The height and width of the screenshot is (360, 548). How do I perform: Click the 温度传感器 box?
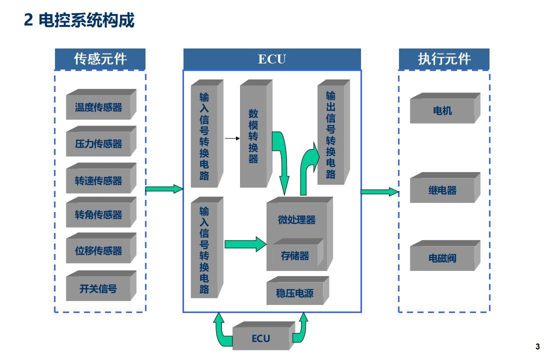[x=98, y=107]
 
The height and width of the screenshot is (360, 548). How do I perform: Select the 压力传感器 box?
[x=98, y=144]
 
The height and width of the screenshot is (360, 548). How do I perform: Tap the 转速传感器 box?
[x=98, y=180]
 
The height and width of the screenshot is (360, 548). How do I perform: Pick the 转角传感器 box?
[x=98, y=215]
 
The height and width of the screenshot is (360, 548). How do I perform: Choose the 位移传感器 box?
[x=98, y=251]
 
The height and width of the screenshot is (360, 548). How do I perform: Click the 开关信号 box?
[x=98, y=288]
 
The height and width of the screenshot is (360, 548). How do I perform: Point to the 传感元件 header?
[x=100, y=59]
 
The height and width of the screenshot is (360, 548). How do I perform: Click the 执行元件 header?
[x=444, y=59]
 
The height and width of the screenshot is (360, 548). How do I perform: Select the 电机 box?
[x=442, y=110]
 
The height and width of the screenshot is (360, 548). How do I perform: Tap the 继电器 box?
[x=442, y=190]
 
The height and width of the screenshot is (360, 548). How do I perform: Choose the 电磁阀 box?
[x=442, y=258]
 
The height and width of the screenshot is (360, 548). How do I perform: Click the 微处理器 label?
[x=296, y=219]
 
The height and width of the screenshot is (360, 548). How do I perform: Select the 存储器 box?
[x=295, y=256]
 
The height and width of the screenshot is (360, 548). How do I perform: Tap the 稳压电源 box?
[x=295, y=293]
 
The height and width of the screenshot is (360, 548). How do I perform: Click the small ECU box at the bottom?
[x=260, y=338]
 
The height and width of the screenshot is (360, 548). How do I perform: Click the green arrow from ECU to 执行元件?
[x=379, y=191]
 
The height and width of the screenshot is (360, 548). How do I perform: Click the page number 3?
[x=537, y=346]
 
